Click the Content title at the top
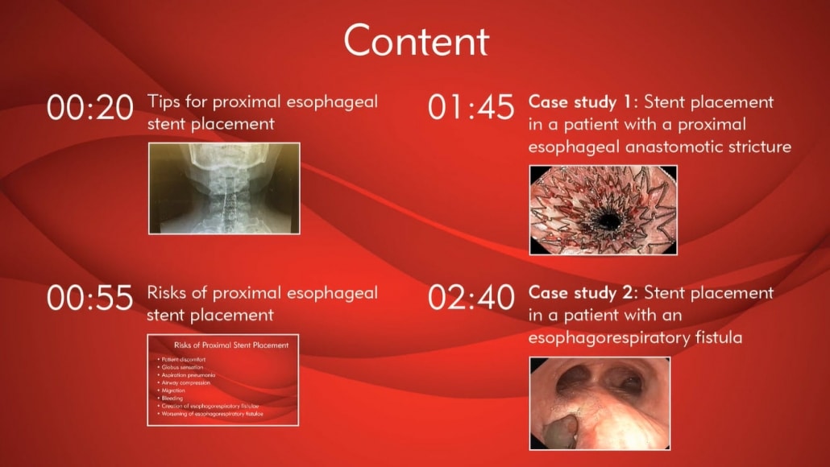(415, 40)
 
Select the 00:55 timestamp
(90, 299)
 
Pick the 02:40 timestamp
(471, 299)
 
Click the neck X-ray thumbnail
(224, 188)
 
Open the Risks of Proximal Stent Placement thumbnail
(224, 379)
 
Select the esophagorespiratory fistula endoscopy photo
(600, 403)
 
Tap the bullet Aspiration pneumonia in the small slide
(188, 375)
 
